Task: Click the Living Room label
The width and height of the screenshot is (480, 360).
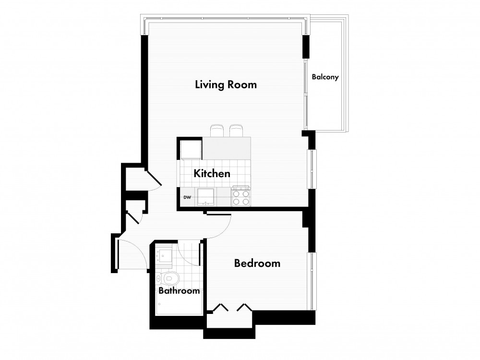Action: (x=226, y=84)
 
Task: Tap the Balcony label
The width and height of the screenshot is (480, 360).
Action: (x=325, y=77)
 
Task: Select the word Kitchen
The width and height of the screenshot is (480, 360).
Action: (x=212, y=174)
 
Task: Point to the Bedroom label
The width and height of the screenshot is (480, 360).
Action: (x=257, y=263)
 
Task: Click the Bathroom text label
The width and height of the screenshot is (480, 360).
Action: (x=179, y=290)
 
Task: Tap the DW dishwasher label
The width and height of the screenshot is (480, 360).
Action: (x=187, y=197)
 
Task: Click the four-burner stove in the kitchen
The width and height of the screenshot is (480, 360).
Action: (x=241, y=196)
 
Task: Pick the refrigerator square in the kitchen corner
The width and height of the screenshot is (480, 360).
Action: (x=191, y=149)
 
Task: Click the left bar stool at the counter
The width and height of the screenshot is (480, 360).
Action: (x=217, y=131)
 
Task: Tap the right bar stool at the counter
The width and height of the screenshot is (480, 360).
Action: (x=236, y=131)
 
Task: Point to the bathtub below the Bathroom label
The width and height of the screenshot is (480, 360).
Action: (x=179, y=303)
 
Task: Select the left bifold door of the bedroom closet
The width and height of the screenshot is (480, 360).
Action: (x=220, y=307)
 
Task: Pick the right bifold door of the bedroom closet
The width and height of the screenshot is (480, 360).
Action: (x=245, y=307)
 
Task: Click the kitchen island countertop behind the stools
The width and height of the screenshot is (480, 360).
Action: (x=227, y=148)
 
